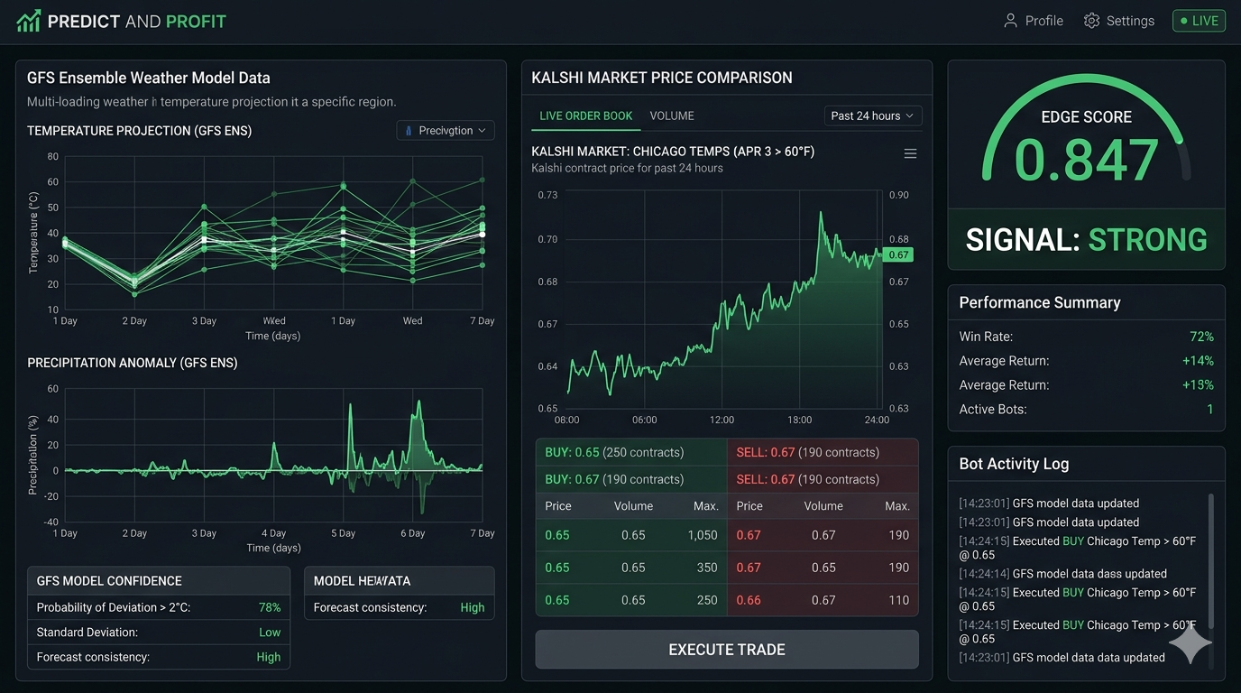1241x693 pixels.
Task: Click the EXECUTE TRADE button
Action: click(726, 650)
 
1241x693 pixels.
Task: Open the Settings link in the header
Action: click(1118, 21)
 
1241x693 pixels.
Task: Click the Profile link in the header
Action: click(1034, 21)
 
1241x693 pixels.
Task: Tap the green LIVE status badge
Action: click(1199, 21)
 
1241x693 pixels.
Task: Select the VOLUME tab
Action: click(672, 115)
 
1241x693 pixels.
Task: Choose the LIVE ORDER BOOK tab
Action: click(585, 115)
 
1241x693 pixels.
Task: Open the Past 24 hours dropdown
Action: click(872, 115)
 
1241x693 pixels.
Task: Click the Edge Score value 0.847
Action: click(1086, 161)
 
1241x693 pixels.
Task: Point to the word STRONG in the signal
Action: click(1147, 240)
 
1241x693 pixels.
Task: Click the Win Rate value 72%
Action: click(1201, 337)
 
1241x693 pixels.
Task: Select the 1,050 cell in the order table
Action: click(703, 535)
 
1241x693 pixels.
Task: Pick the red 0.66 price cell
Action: click(749, 600)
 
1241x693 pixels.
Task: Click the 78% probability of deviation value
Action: click(270, 607)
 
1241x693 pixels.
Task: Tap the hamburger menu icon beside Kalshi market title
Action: click(910, 154)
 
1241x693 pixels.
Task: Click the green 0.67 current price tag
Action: click(898, 255)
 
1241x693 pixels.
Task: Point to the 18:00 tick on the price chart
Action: click(800, 420)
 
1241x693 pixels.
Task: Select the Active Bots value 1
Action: click(1209, 410)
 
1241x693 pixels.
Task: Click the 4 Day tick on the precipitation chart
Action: click(274, 533)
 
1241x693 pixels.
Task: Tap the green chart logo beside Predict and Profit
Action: click(29, 21)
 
